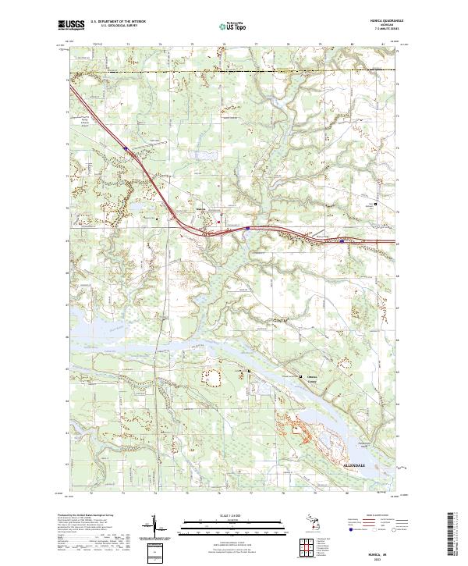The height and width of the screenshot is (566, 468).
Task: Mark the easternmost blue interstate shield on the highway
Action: (x=342, y=240)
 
